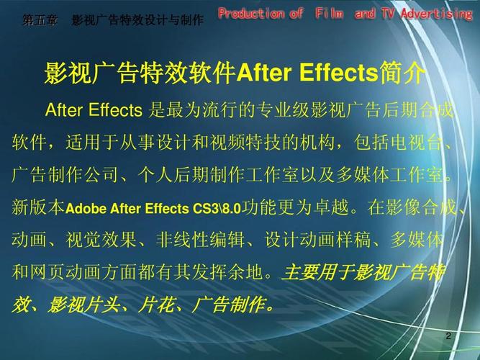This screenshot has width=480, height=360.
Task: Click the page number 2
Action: click(448, 336)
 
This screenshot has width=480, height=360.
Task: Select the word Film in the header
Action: click(329, 14)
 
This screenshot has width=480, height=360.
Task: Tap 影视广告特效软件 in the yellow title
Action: click(140, 73)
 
